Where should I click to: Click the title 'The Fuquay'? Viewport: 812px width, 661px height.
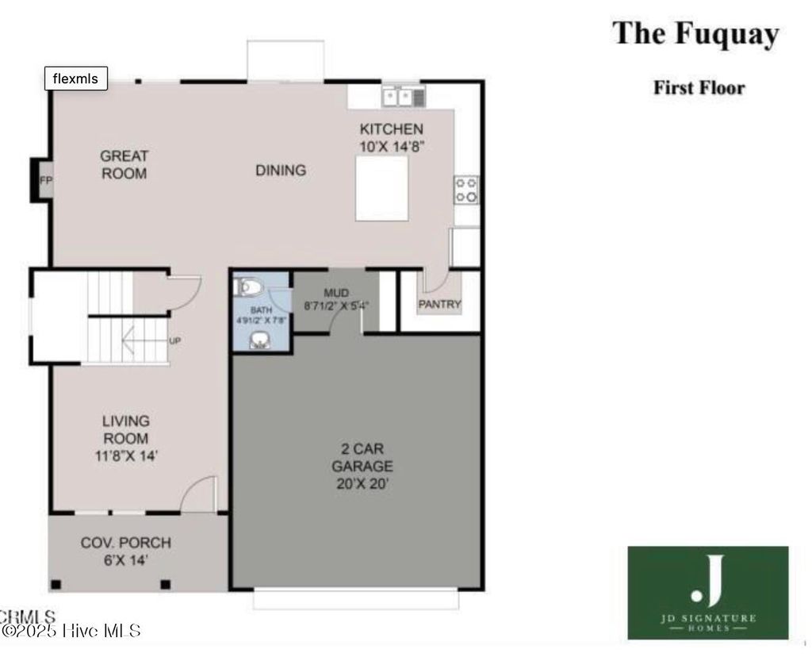pyautogui.click(x=695, y=34)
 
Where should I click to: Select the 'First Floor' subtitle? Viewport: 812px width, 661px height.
pyautogui.click(x=699, y=87)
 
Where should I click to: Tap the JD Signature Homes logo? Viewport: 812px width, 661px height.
pyautogui.click(x=708, y=593)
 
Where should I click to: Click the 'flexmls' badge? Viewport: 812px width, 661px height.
pyautogui.click(x=75, y=78)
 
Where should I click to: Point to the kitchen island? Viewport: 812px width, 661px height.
pyautogui.click(x=381, y=188)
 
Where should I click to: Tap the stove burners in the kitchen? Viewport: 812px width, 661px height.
pyautogui.click(x=466, y=190)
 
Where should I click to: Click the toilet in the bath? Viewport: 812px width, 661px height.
pyautogui.click(x=249, y=286)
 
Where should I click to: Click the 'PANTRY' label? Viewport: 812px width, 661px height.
pyautogui.click(x=439, y=304)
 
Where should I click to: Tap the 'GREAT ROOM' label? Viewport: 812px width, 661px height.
pyautogui.click(x=124, y=164)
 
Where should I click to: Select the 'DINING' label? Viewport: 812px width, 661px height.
pyautogui.click(x=281, y=170)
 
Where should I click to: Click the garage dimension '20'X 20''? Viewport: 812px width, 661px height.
pyautogui.click(x=362, y=483)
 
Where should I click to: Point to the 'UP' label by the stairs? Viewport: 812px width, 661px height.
pyautogui.click(x=175, y=340)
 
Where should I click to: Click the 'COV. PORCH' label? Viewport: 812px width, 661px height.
pyautogui.click(x=125, y=543)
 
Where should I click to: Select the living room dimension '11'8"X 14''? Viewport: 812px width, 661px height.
pyautogui.click(x=126, y=455)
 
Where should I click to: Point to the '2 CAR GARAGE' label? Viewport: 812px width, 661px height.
pyautogui.click(x=362, y=458)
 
